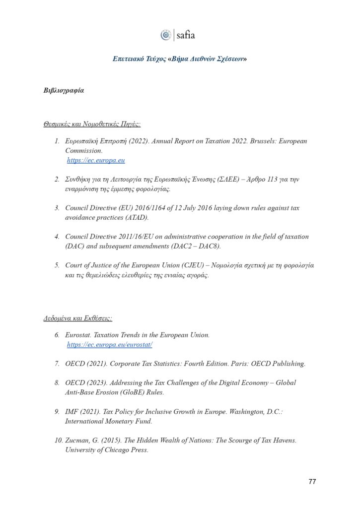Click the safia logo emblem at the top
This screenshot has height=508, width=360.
(x=166, y=35)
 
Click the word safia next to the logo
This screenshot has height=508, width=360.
(x=186, y=35)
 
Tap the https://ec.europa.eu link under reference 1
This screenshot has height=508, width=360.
(x=96, y=160)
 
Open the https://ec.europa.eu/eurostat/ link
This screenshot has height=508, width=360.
(x=109, y=344)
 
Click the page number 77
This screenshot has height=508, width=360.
(x=312, y=481)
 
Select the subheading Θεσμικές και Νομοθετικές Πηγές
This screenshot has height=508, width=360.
(x=92, y=125)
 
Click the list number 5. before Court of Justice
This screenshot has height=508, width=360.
(x=57, y=265)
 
